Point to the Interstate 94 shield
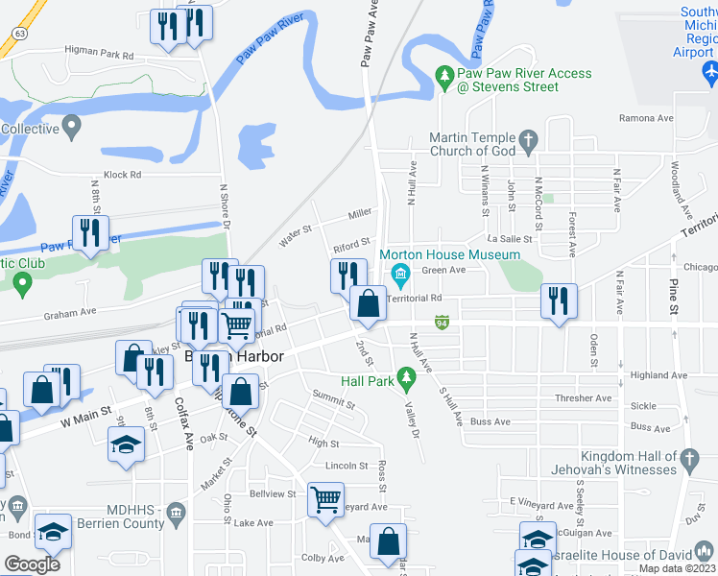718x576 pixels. click(442, 322)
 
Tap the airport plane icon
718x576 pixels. click(710, 71)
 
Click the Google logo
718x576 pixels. click(32, 564)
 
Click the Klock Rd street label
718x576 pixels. click(122, 175)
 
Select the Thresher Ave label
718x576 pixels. click(582, 397)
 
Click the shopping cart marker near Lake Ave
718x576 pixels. click(325, 499)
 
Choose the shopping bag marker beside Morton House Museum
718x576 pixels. click(368, 303)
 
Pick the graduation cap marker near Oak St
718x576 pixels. click(125, 444)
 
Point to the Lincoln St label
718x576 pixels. click(347, 466)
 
